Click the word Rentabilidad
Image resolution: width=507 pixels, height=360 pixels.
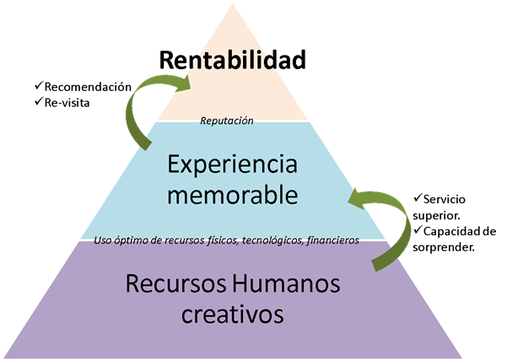(x=232, y=60)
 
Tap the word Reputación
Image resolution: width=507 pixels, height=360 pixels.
(x=227, y=121)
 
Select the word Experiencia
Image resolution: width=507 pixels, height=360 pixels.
(x=231, y=164)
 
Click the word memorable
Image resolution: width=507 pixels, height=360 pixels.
(x=232, y=196)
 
